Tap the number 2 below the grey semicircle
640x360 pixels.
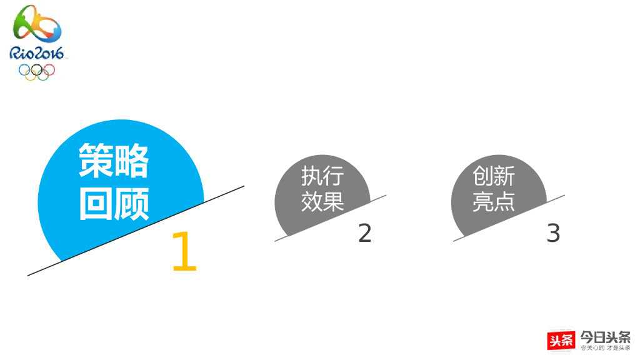tap(364, 233)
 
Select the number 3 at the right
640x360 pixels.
tap(553, 233)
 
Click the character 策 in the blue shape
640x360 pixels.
tap(96, 161)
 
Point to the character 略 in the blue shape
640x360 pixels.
tap(132, 161)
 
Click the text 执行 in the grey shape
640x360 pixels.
tap(322, 176)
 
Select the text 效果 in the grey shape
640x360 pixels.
tap(322, 201)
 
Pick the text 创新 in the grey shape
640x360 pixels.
tap(494, 176)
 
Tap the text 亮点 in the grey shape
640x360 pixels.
tap(494, 201)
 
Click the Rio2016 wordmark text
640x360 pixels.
tap(37, 54)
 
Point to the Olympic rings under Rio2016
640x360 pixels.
tap(37, 71)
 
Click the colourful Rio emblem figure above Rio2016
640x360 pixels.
tap(37, 26)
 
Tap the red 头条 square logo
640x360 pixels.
tap(561, 340)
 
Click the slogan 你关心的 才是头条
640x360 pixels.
tap(605, 347)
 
